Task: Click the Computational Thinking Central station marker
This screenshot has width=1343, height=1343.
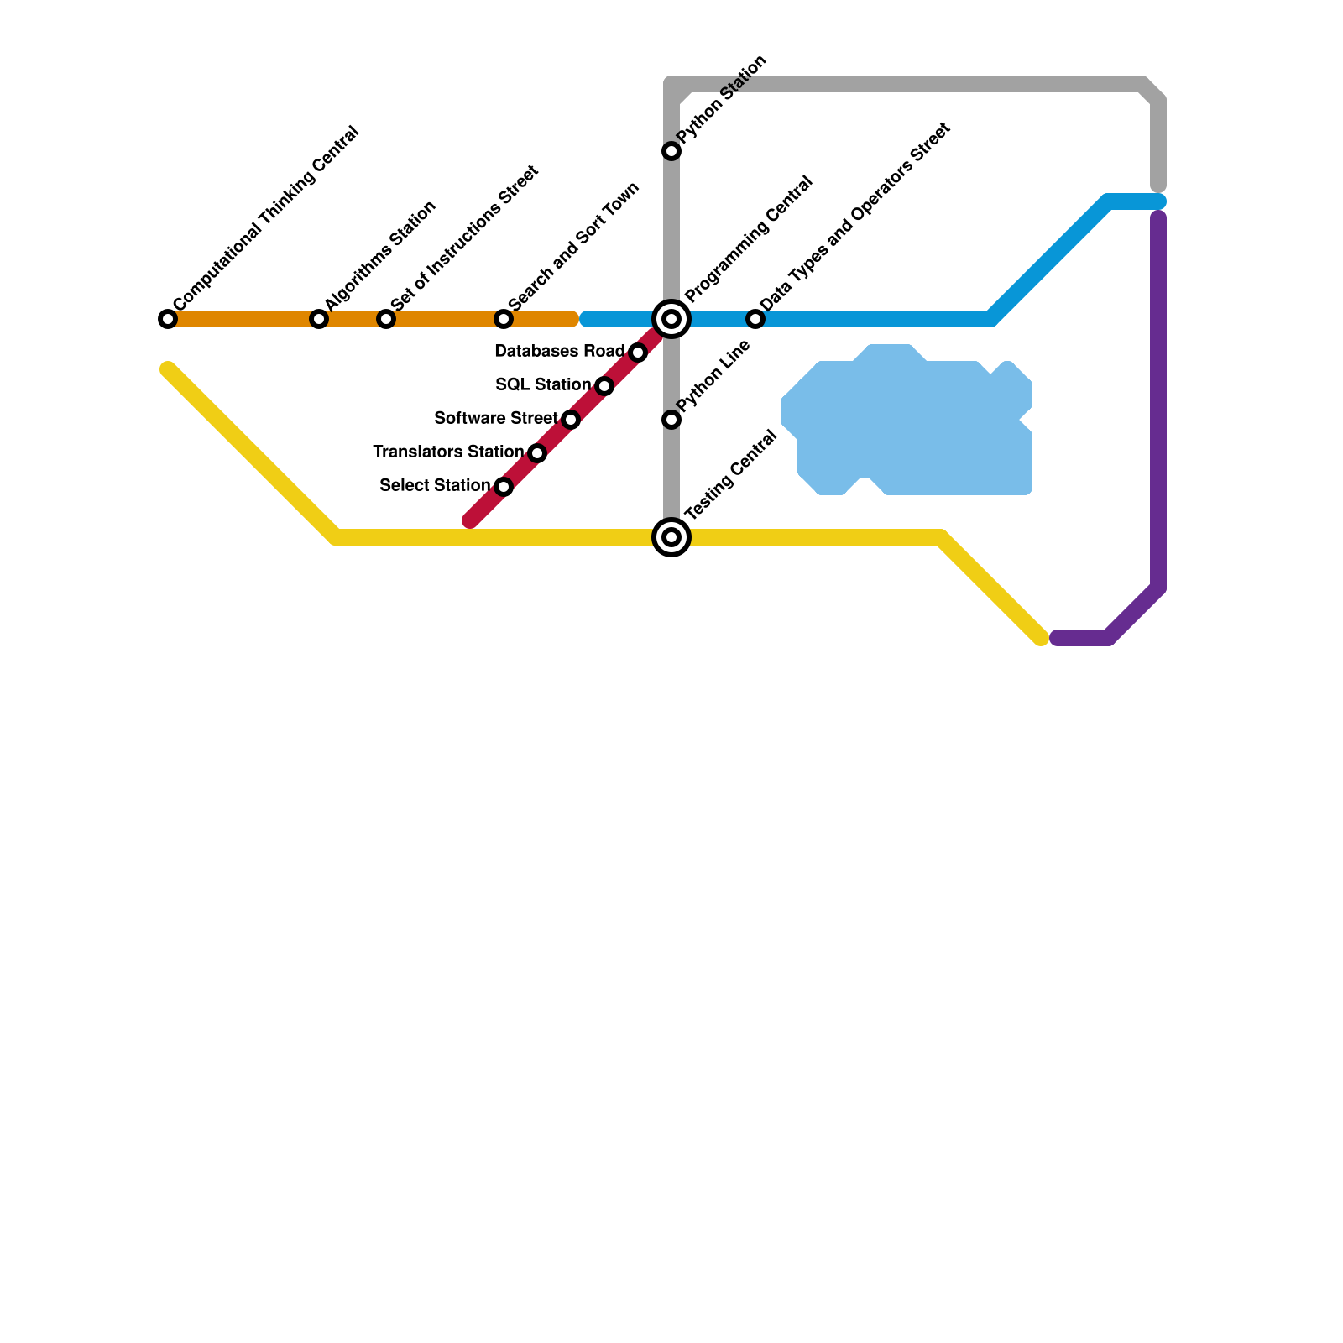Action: coord(168,319)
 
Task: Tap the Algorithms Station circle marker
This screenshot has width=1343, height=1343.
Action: coord(319,319)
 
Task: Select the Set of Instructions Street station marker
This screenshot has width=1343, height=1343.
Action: coord(386,319)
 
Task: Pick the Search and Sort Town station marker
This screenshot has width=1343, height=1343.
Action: coord(504,319)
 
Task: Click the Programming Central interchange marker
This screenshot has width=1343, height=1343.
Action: coord(671,319)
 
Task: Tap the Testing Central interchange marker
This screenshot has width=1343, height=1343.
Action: coord(671,537)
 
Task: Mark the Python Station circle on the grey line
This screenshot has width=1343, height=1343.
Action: coord(671,151)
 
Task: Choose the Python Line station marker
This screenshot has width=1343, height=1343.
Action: coord(671,420)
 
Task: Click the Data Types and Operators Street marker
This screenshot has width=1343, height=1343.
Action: coord(755,319)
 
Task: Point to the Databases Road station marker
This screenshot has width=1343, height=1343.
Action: coord(638,353)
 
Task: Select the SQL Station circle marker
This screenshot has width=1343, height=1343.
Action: coord(604,386)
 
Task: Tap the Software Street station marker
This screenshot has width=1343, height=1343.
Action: coord(571,420)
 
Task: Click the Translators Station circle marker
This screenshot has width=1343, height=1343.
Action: coord(537,453)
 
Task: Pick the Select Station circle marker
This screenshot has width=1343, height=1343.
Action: coord(504,487)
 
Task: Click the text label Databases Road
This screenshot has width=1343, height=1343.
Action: coord(559,351)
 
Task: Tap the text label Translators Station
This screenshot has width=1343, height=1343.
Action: coord(447,452)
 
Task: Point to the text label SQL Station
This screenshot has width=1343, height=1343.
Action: coord(542,384)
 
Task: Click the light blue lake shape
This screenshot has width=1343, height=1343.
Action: coord(915,428)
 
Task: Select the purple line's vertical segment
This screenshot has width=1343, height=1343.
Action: coord(1158,403)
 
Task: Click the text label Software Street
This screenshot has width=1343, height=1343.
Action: coord(495,418)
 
